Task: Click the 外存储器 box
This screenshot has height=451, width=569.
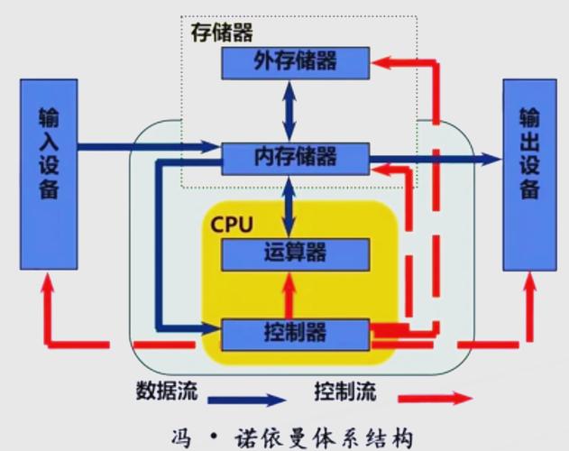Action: coord(295,61)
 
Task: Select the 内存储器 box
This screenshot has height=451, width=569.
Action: coord(295,158)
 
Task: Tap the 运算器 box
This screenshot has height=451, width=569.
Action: coord(295,253)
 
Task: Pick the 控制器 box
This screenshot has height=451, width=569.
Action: coord(295,335)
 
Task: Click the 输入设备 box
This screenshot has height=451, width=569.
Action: coord(49,173)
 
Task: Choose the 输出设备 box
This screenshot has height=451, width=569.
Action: coord(528,173)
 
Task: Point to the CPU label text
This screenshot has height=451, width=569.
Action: coord(233,222)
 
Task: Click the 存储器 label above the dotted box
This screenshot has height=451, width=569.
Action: coord(222,32)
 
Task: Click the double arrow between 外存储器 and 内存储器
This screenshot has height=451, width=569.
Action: coord(288,109)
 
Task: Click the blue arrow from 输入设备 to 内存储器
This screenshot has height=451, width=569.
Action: coord(144,145)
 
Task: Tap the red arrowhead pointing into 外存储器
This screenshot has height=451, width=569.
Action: coord(382,61)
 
